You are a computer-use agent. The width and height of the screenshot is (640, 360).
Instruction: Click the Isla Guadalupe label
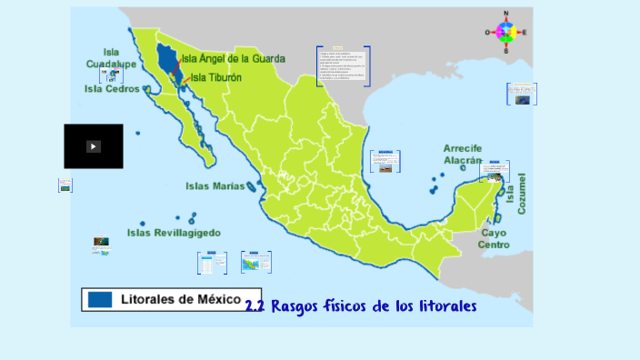111,58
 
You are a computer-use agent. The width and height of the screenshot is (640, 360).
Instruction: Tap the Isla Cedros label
112,89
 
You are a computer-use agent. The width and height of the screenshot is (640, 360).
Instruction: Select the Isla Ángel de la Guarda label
233,58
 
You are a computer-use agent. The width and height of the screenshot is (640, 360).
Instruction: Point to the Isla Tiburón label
216,78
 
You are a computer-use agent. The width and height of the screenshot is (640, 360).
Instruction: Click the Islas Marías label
215,185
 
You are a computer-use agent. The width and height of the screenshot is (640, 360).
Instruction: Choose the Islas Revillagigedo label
174,233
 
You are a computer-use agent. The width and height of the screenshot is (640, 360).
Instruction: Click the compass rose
506,33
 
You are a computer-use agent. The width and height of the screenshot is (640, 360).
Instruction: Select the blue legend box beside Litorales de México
100,299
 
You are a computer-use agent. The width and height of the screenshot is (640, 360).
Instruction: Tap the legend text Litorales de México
181,299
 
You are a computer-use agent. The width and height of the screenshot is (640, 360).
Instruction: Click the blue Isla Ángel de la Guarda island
166,59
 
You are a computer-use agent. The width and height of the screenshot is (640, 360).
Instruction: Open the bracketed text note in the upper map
343,65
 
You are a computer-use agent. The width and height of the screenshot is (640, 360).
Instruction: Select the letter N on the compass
506,14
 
